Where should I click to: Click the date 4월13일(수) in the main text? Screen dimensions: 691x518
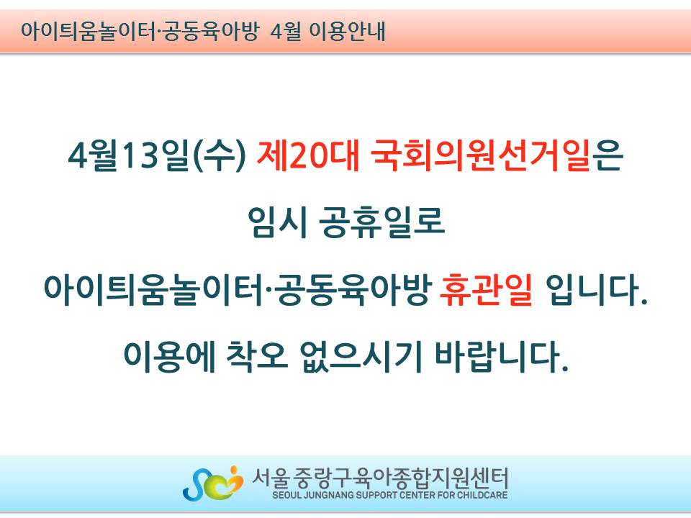point(157,155)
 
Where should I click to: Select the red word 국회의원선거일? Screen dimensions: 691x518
point(480,155)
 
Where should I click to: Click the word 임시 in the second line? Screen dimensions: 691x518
point(277,222)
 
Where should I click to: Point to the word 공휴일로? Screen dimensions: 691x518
point(381,222)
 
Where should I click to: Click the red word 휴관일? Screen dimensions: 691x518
point(486,289)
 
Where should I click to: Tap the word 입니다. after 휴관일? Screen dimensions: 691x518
point(597,289)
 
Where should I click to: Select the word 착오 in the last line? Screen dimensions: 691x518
point(258,356)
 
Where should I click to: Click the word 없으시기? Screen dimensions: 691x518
point(361,356)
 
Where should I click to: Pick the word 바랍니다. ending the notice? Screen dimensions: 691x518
point(501,356)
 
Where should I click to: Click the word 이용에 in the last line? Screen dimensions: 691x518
point(169,356)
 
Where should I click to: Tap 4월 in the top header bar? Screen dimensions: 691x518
point(286,31)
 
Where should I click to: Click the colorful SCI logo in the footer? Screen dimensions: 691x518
point(213,483)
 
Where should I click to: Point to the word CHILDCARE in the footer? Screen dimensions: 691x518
point(482,495)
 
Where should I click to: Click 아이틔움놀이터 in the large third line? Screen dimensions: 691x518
point(154,289)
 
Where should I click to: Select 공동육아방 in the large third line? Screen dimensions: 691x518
point(353,289)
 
